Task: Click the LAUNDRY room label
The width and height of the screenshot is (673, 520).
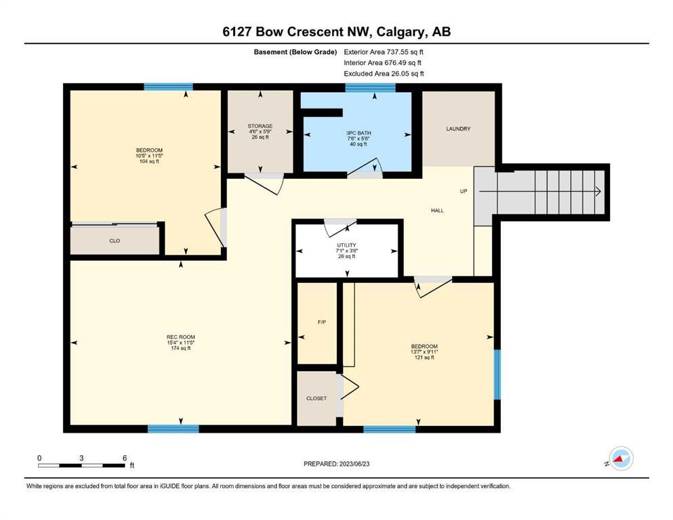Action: tap(458, 129)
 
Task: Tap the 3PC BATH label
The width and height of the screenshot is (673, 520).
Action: tap(359, 133)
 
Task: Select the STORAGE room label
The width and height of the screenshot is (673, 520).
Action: tap(260, 126)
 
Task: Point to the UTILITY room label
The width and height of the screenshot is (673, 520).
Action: tap(346, 245)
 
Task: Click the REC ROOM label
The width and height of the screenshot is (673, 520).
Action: tap(181, 337)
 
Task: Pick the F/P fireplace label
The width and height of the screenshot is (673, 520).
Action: tap(321, 322)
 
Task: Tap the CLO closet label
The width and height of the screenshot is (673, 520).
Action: tap(115, 241)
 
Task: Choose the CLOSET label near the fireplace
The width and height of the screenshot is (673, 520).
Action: tap(317, 398)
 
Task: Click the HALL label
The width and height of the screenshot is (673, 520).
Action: tap(437, 211)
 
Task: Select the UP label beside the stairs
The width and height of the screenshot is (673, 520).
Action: tap(464, 191)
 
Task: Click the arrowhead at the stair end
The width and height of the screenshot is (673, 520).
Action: tap(598, 192)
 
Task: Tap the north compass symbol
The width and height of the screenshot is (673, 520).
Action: tap(621, 458)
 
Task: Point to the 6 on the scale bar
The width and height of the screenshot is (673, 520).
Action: tap(125, 458)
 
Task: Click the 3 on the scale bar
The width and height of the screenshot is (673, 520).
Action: tap(81, 458)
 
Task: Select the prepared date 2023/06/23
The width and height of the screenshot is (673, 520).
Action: tap(354, 464)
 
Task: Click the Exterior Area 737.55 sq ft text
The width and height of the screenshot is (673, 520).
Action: tap(384, 52)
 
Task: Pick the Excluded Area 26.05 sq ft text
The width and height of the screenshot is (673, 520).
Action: tap(384, 73)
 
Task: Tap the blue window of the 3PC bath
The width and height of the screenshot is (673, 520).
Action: tap(371, 87)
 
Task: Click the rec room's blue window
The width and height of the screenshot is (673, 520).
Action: tap(174, 429)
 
